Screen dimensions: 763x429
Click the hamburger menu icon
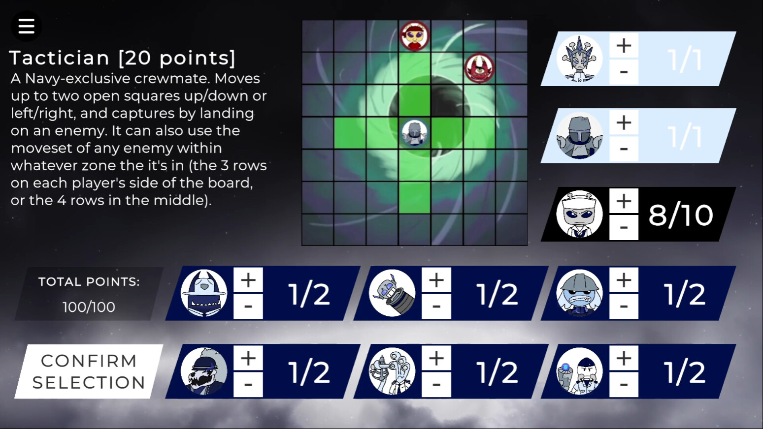pos(26,26)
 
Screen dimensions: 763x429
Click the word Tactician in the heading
pos(59,58)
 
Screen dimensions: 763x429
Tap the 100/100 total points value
pos(89,307)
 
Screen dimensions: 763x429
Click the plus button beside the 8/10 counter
pos(624,201)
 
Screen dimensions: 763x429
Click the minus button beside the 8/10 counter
pos(624,227)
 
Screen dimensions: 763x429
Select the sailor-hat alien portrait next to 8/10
pos(579,214)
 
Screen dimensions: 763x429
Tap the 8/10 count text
pos(681,215)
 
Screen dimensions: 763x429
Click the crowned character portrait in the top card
pos(579,59)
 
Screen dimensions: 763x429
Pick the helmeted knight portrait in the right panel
pos(579,136)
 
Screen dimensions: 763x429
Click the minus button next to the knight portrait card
pos(624,149)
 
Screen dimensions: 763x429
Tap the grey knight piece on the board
pos(415,134)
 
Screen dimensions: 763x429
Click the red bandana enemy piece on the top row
pos(415,36)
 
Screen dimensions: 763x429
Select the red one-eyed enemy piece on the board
pos(479,68)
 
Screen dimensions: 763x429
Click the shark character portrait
pos(204,293)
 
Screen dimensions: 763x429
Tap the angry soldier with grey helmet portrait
pos(579,293)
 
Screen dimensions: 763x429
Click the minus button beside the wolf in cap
pos(248,384)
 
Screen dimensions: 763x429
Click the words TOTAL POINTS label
pos(89,282)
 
